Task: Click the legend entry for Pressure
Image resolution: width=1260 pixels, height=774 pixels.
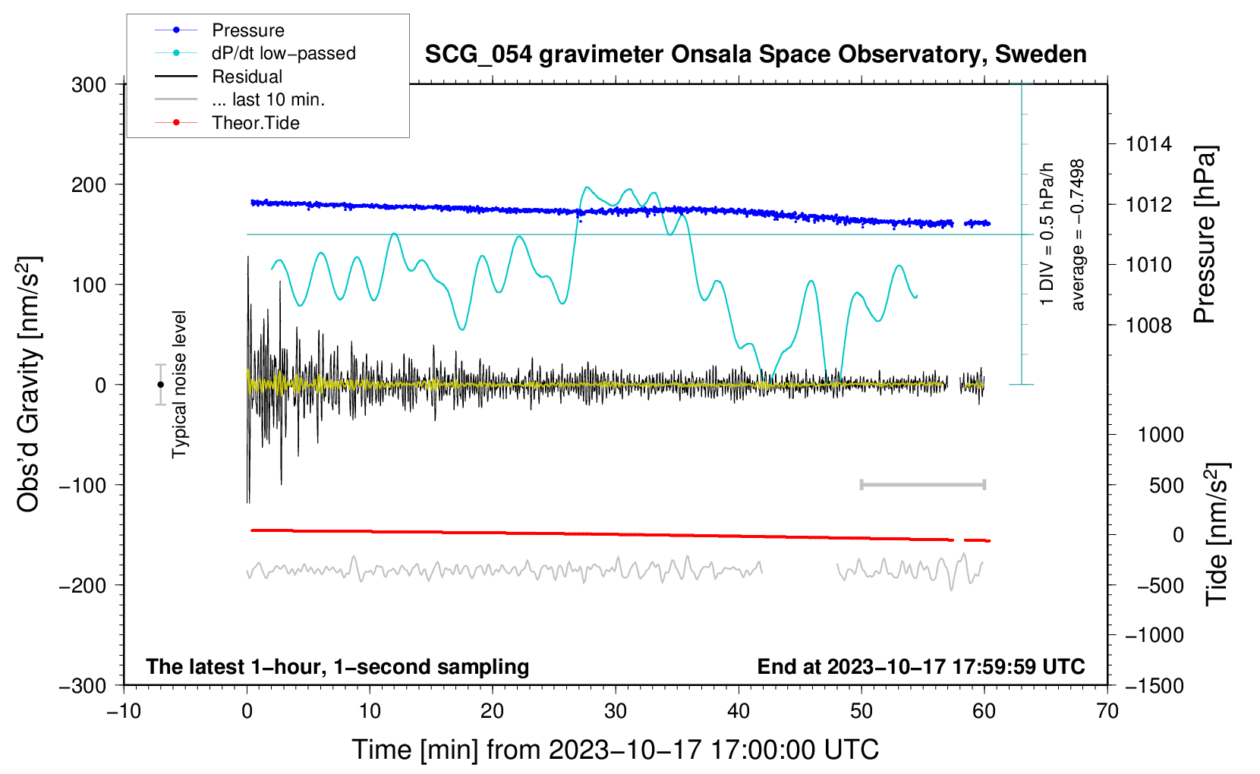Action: click(220, 30)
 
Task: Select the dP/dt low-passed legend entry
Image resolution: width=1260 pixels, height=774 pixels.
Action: click(255, 53)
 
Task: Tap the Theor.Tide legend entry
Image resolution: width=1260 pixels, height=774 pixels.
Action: click(227, 123)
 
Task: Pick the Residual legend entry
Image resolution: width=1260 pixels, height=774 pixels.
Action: click(219, 77)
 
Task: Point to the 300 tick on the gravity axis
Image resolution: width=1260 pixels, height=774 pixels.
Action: click(88, 85)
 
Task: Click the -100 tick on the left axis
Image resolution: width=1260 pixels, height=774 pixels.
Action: click(83, 486)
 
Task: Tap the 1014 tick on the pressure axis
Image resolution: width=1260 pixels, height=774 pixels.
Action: click(1148, 145)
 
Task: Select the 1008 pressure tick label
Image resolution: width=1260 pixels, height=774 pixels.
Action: click(1148, 325)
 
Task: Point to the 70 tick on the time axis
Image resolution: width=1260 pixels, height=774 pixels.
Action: click(1107, 712)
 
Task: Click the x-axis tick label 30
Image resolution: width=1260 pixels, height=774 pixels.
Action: click(616, 712)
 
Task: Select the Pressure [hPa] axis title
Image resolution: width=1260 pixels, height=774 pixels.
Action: click(1204, 234)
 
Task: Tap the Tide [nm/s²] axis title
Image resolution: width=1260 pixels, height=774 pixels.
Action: click(1217, 535)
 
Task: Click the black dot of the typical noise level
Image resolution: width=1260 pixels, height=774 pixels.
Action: click(160, 385)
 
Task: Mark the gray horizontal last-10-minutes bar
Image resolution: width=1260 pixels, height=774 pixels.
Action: click(922, 485)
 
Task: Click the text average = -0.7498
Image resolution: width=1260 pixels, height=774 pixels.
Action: click(1077, 234)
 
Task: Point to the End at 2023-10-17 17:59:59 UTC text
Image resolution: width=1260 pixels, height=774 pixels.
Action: click(921, 666)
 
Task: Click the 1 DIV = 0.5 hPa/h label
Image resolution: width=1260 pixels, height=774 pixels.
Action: click(1046, 234)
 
